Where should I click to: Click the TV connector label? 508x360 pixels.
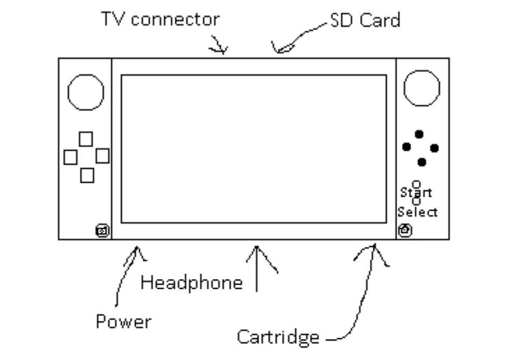click(x=160, y=19)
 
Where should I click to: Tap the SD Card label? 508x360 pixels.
click(x=365, y=20)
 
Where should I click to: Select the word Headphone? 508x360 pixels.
click(x=192, y=283)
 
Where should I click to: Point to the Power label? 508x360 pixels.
click(x=123, y=322)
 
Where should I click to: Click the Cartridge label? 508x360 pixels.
click(x=278, y=337)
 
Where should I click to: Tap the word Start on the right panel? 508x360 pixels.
click(x=416, y=193)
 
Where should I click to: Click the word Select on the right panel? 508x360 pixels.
click(x=418, y=212)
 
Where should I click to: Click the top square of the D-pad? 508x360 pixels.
click(x=86, y=139)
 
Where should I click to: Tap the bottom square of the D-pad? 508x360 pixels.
click(x=87, y=175)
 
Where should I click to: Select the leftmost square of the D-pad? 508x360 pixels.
click(x=70, y=157)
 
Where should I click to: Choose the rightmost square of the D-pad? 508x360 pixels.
click(x=102, y=156)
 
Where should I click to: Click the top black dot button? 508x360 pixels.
click(x=419, y=134)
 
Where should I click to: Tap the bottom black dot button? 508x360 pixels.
click(x=422, y=161)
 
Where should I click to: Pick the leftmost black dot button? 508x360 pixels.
click(x=407, y=146)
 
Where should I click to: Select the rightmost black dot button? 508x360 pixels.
click(x=434, y=148)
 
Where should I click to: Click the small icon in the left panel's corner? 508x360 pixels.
click(x=102, y=231)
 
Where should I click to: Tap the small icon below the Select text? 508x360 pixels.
click(x=405, y=230)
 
